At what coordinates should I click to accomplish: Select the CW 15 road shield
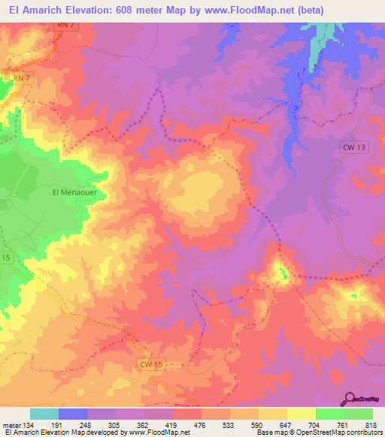coord(151,364)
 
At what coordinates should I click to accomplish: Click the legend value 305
coord(115,424)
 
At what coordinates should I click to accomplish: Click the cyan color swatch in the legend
coord(44,414)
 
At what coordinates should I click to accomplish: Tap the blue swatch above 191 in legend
coord(73,414)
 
